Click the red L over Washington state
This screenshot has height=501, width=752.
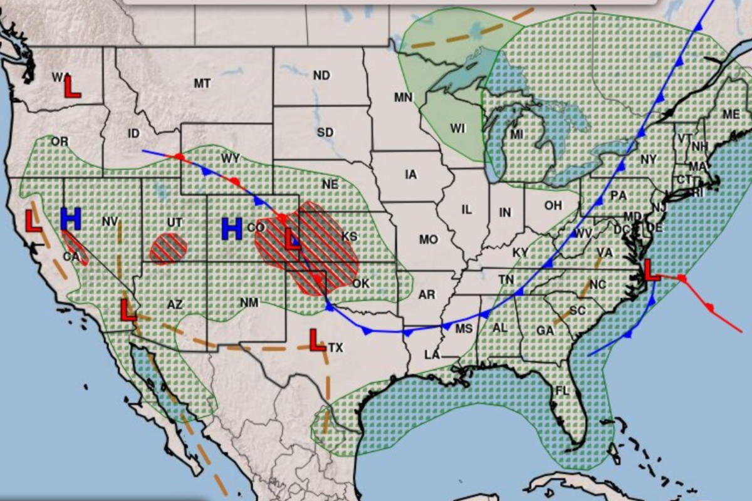73,86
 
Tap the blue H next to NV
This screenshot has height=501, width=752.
71,219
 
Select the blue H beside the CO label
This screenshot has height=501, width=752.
232,229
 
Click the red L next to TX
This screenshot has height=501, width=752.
318,340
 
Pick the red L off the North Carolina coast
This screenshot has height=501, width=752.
652,271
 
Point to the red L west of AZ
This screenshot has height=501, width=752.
128,310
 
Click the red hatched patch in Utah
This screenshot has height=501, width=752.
169,249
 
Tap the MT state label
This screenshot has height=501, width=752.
202,83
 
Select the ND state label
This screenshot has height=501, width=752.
321,75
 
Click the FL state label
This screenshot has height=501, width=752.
562,391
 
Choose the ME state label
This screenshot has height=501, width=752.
731,114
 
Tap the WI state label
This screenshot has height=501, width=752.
458,128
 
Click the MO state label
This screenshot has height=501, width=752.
429,239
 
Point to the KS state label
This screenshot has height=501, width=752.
349,236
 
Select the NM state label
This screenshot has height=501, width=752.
249,303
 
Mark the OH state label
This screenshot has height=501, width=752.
553,205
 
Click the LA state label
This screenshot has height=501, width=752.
432,355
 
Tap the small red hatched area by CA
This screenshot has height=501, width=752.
75,247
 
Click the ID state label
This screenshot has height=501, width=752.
133,133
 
